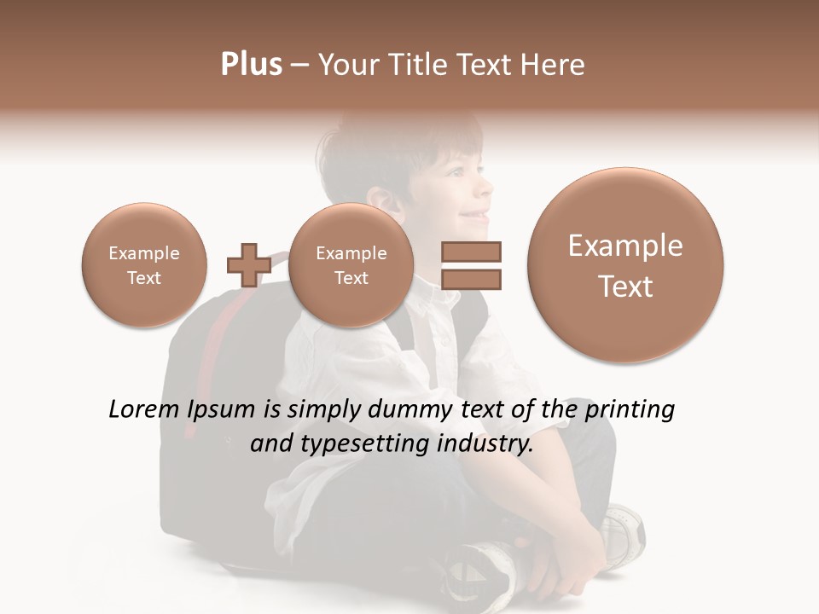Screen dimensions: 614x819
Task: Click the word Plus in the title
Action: coord(251,65)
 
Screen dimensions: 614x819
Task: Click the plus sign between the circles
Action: coord(248,265)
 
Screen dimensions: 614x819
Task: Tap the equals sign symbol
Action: coord(471,265)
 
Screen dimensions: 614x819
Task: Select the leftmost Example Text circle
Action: coord(144,265)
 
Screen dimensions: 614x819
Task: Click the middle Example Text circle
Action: coord(351,265)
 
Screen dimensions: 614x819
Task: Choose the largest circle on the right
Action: coord(625,265)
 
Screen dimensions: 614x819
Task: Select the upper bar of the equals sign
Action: coord(471,252)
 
